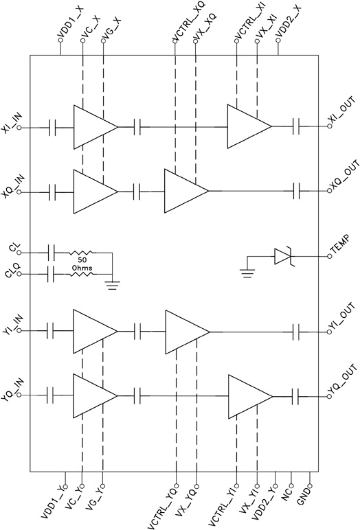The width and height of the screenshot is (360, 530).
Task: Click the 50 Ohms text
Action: pyautogui.click(x=81, y=264)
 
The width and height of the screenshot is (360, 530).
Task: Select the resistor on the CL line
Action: pyautogui.click(x=81, y=253)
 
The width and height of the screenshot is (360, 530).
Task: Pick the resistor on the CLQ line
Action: pyautogui.click(x=81, y=276)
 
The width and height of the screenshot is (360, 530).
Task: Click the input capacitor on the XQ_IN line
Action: pyautogui.click(x=54, y=191)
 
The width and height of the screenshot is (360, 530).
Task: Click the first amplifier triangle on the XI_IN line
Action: pyautogui.click(x=95, y=127)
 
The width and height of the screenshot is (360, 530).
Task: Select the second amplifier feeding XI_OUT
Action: pyautogui.click(x=249, y=127)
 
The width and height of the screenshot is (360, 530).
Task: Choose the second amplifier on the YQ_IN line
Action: pyautogui.click(x=249, y=397)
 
